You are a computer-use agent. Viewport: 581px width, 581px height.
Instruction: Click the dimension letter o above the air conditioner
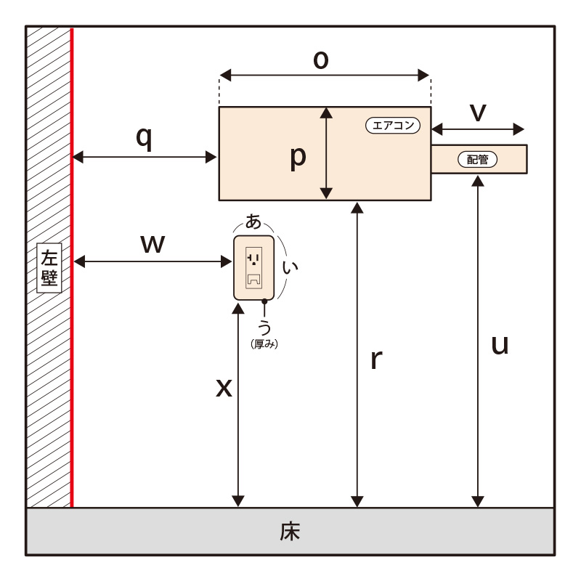[x=321, y=60]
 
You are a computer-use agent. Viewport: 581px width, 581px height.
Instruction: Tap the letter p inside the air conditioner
[x=298, y=158]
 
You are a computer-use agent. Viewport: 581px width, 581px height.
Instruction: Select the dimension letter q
[x=144, y=139]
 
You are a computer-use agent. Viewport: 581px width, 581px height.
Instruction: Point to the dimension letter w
[x=153, y=244]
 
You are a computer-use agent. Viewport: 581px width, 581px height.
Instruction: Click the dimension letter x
[x=224, y=389]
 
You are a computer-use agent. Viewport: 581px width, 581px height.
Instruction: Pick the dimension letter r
[x=376, y=359]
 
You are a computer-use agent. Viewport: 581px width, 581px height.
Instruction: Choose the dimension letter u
[x=500, y=346]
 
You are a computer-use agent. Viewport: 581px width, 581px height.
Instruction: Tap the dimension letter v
[x=478, y=112]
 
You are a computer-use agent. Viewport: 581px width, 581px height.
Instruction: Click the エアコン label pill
[x=393, y=125]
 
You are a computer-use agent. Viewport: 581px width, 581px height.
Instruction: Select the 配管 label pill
[x=478, y=159]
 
